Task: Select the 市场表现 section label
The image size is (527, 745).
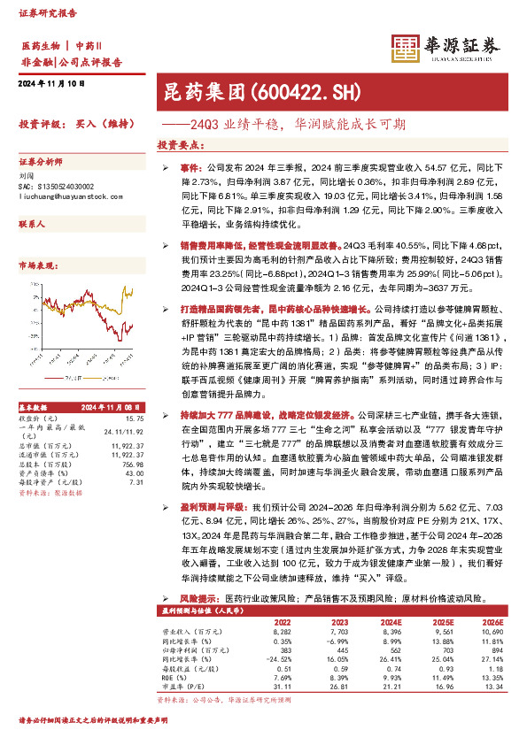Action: tap(38, 265)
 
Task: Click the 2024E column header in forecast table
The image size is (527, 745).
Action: tap(391, 622)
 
